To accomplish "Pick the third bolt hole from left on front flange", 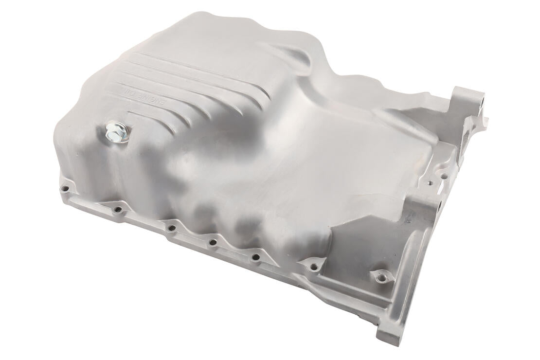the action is click(x=171, y=228).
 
